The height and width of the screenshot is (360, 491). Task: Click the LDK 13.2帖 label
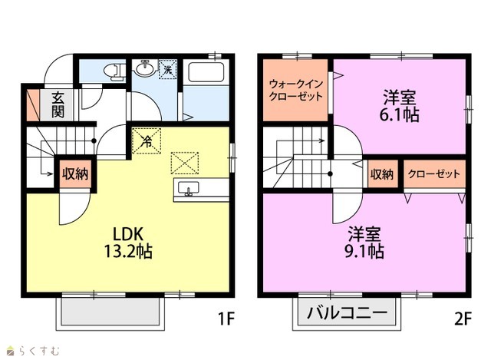[x=128, y=243]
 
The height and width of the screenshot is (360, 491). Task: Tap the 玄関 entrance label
[x=58, y=105]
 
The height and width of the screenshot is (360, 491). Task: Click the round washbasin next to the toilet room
[x=145, y=68]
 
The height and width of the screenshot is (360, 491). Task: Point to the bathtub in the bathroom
[x=206, y=72]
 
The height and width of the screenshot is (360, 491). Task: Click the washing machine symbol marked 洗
[x=167, y=68]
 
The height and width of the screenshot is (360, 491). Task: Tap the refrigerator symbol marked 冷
[x=147, y=141]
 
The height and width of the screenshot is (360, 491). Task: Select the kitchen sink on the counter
[x=188, y=189]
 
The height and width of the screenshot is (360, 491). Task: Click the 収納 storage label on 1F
[x=75, y=174]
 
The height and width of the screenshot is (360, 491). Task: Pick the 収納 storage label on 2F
[x=382, y=174]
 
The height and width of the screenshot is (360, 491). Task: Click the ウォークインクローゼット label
[x=295, y=90]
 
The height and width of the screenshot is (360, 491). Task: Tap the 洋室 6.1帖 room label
[x=399, y=106]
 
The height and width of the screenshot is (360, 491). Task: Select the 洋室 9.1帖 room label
[x=364, y=243]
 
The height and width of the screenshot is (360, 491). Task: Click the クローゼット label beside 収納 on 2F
[x=434, y=174]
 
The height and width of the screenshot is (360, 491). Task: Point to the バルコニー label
[x=347, y=312]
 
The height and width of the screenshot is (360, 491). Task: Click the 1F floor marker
[x=226, y=319]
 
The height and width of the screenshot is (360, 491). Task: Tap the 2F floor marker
[x=463, y=319]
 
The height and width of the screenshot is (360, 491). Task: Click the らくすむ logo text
[x=39, y=351]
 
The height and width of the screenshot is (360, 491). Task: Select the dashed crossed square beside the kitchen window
[x=185, y=163]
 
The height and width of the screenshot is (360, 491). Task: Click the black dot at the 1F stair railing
[x=94, y=140]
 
